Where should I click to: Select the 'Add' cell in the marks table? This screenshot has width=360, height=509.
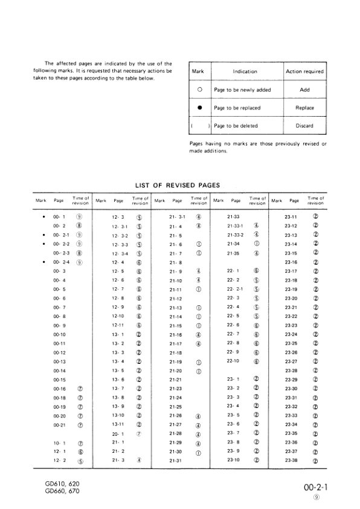point(304,89)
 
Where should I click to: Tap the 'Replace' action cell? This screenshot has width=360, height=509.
point(304,108)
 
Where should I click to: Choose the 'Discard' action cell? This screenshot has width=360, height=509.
point(304,126)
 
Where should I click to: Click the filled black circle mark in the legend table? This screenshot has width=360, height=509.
point(199,108)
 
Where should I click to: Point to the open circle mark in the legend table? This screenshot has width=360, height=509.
point(199,89)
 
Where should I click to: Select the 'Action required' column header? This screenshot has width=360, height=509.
point(304,71)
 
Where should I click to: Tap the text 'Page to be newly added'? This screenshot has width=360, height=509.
point(242,89)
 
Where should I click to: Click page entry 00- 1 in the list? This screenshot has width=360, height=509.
point(59,216)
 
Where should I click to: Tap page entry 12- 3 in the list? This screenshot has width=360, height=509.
point(118,216)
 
